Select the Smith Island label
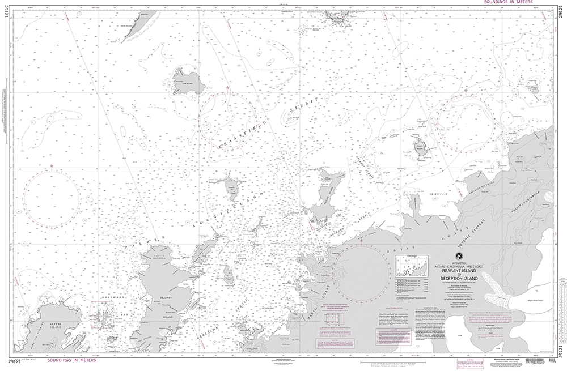pyautogui.click(x=125, y=26)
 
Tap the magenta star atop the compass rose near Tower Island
pyautogui.click(x=466, y=89)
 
